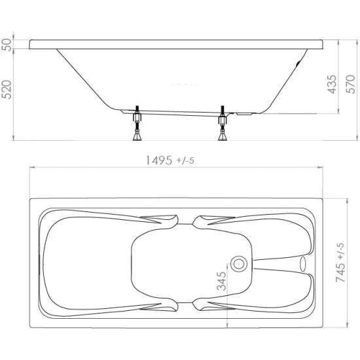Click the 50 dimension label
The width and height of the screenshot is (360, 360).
click(x=7, y=45)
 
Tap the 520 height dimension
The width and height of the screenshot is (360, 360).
click(x=7, y=90)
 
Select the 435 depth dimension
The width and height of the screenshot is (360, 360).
click(x=333, y=84)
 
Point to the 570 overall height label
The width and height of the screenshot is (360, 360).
click(x=351, y=84)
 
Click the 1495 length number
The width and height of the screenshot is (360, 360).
click(x=159, y=160)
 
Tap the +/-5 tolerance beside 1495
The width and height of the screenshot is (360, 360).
click(x=185, y=160)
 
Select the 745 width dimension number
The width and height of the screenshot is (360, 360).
click(x=340, y=272)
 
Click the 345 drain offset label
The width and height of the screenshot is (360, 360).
click(x=221, y=281)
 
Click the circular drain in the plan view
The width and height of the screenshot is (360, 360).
click(x=239, y=264)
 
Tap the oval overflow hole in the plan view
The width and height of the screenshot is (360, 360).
click(x=303, y=264)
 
